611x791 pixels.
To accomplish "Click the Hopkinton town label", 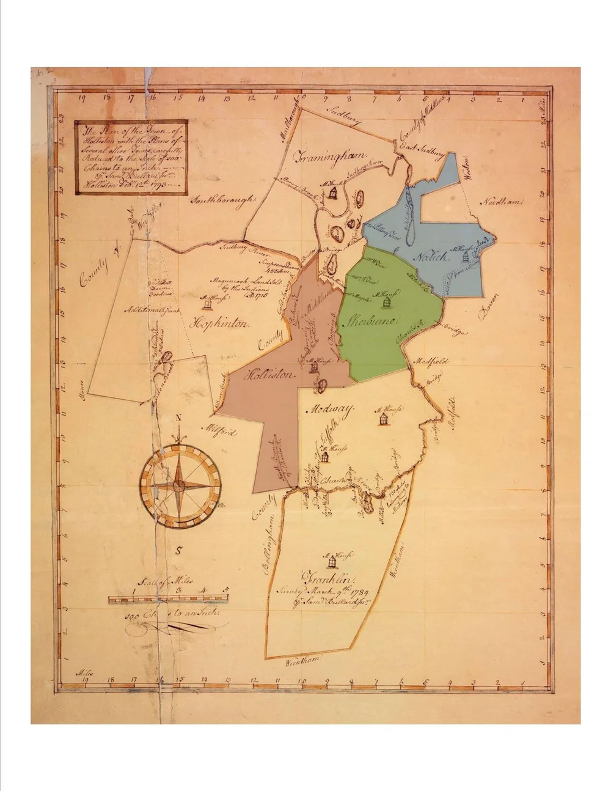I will click(x=221, y=323).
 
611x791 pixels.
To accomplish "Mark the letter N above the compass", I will click(x=178, y=418).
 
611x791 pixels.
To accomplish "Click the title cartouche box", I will click(x=131, y=157).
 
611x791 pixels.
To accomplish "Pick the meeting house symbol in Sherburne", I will click(x=386, y=302).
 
